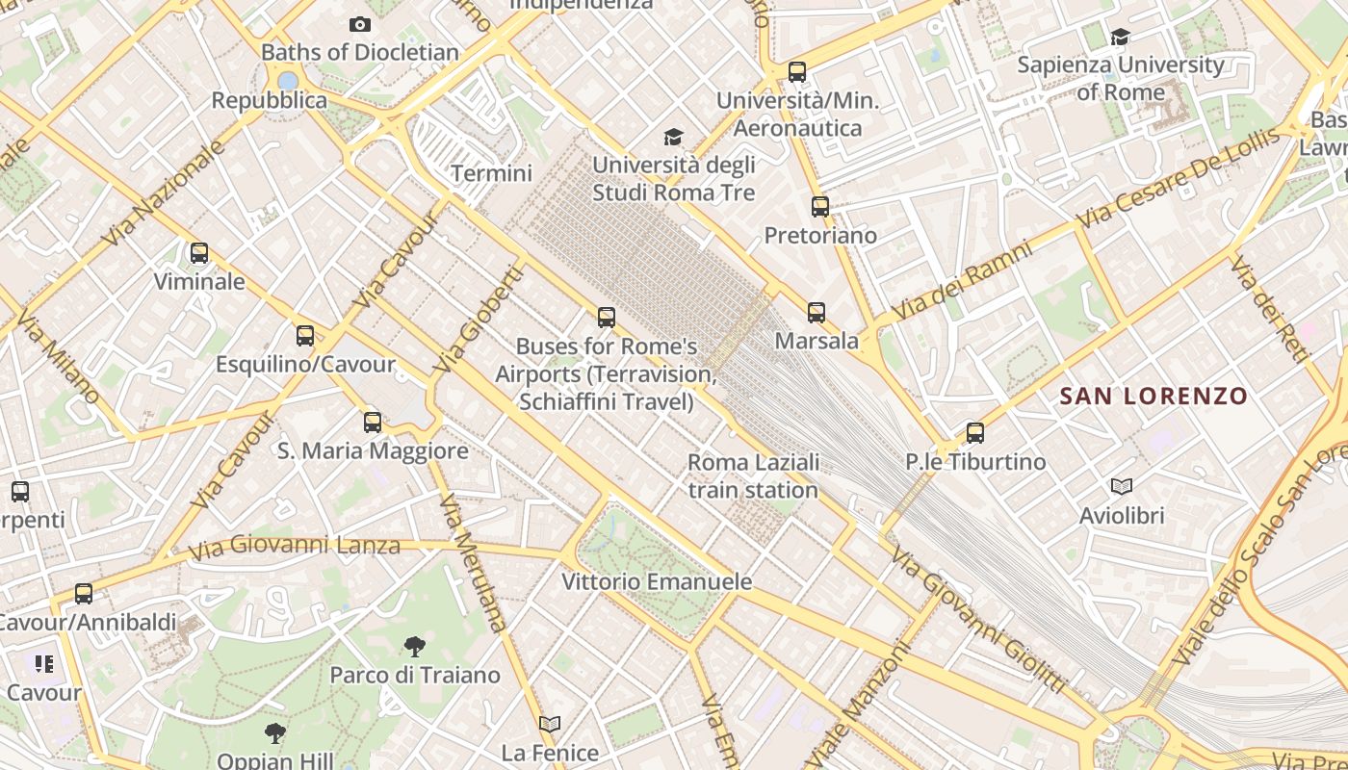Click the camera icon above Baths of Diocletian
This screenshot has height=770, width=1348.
(x=360, y=24)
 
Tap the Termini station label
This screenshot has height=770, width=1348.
(x=491, y=173)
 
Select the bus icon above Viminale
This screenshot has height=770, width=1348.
(x=199, y=253)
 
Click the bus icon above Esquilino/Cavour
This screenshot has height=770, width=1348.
(x=305, y=335)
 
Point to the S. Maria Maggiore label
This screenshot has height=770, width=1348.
(x=373, y=450)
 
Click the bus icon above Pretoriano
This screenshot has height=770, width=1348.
(x=820, y=206)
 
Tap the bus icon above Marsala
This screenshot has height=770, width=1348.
(x=817, y=312)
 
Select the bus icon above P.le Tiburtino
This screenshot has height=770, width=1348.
(x=975, y=432)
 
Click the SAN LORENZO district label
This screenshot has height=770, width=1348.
(x=1154, y=396)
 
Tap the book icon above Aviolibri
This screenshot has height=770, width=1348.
(x=1122, y=486)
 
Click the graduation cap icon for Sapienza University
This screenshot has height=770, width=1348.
(x=1120, y=38)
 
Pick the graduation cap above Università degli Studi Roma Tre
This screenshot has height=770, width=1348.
(x=673, y=138)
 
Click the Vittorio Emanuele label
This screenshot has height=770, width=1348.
(x=657, y=582)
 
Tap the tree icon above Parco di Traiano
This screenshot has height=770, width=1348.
(x=415, y=646)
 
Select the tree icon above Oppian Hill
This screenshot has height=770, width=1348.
(x=275, y=733)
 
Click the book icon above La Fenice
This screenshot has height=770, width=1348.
(x=550, y=724)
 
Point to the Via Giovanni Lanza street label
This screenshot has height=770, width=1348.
(x=294, y=547)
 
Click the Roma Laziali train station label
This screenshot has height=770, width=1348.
(x=753, y=475)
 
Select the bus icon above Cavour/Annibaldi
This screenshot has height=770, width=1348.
(x=84, y=594)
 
